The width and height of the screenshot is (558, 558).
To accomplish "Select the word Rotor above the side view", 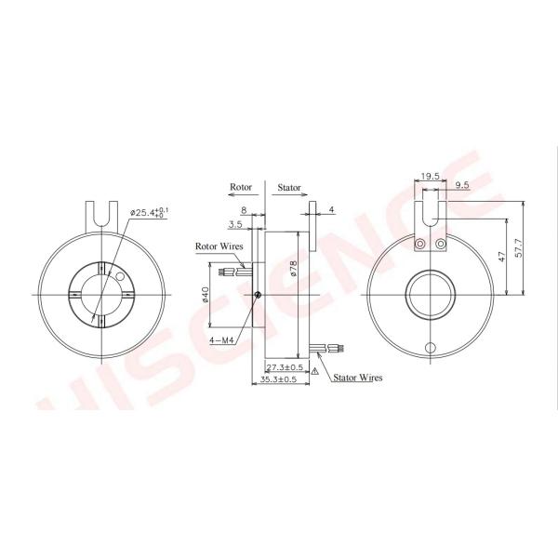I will point(240,187).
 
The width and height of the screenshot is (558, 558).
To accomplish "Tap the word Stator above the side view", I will point(289,187).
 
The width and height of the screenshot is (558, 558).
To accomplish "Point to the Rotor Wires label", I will point(219,247).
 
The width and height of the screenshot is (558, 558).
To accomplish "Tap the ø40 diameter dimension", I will point(205,297).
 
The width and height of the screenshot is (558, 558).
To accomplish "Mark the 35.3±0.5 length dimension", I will point(276,380).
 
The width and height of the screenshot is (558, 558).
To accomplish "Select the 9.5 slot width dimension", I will point(462,186).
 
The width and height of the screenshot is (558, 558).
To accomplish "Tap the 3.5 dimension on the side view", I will point(234,224).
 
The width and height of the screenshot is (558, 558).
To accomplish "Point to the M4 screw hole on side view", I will point(258,296).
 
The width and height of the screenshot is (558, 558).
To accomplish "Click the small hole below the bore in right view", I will point(430,348).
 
